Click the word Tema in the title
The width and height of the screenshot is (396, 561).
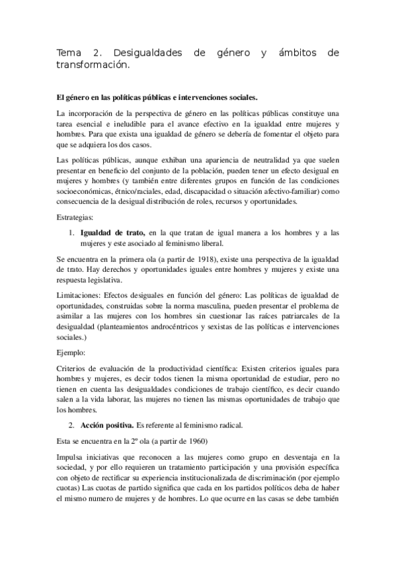(x=68, y=52)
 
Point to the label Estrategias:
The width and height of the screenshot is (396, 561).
(x=77, y=217)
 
